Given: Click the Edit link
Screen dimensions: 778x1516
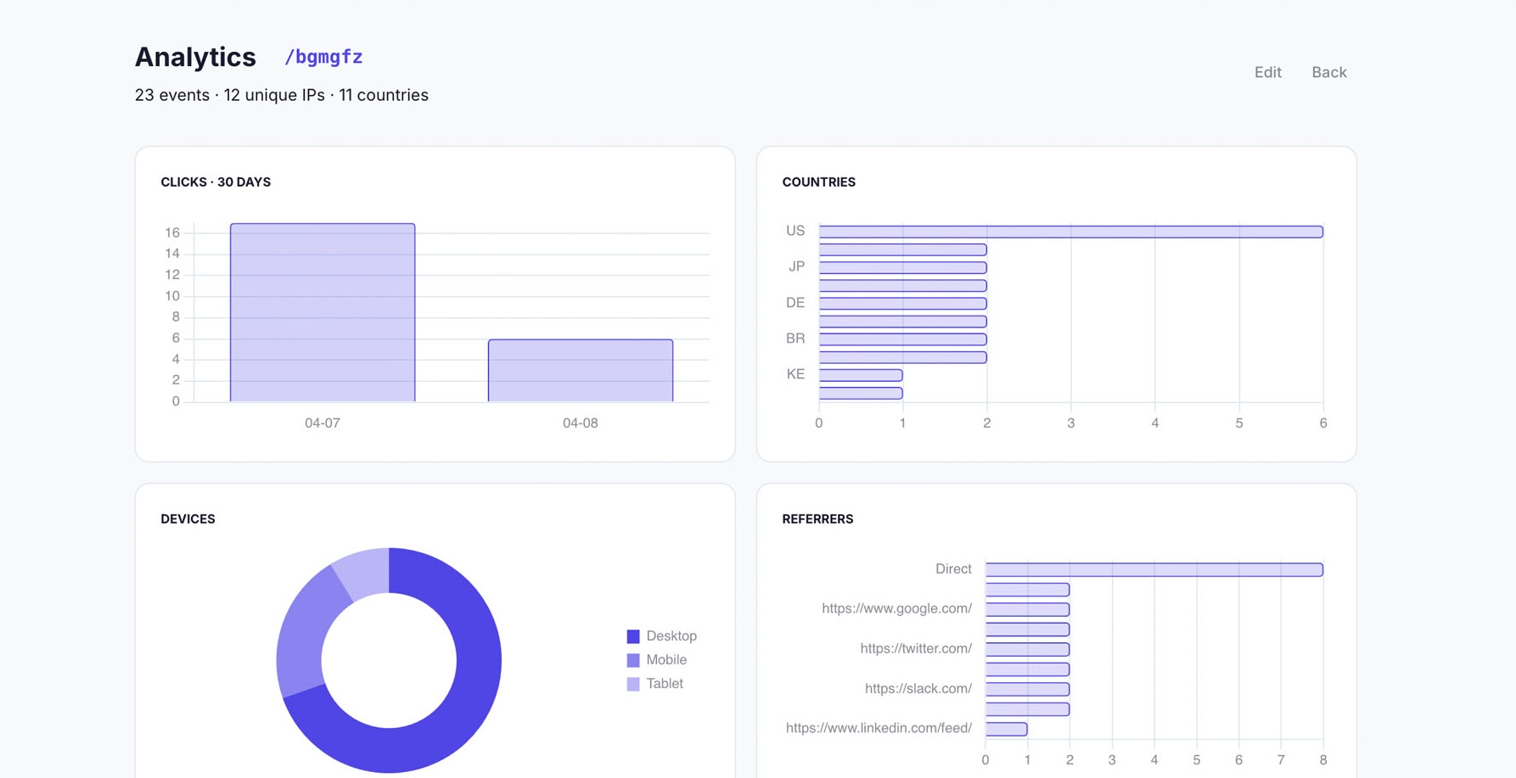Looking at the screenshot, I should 1267,72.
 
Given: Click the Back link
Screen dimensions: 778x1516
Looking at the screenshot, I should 1328,72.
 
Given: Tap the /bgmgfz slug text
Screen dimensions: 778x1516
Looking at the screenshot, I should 323,57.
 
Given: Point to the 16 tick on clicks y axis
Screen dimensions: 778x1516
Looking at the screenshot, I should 172,232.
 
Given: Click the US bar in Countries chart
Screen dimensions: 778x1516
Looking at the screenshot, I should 1070,232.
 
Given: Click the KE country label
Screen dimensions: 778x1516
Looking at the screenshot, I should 795,374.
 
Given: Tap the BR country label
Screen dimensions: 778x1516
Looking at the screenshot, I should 795,339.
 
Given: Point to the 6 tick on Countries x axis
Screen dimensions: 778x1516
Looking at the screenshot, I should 1322,423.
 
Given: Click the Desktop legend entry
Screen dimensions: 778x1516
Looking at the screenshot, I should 661,636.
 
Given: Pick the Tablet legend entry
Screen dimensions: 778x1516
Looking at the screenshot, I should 654,684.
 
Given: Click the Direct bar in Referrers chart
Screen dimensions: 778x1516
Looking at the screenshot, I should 1153,569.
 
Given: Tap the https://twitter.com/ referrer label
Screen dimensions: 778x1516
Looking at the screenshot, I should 915,649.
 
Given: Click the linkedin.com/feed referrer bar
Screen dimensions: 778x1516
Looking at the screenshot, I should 1006,729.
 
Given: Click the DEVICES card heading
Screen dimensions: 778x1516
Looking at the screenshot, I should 188,519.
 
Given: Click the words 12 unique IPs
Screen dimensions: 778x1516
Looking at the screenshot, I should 273,95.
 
